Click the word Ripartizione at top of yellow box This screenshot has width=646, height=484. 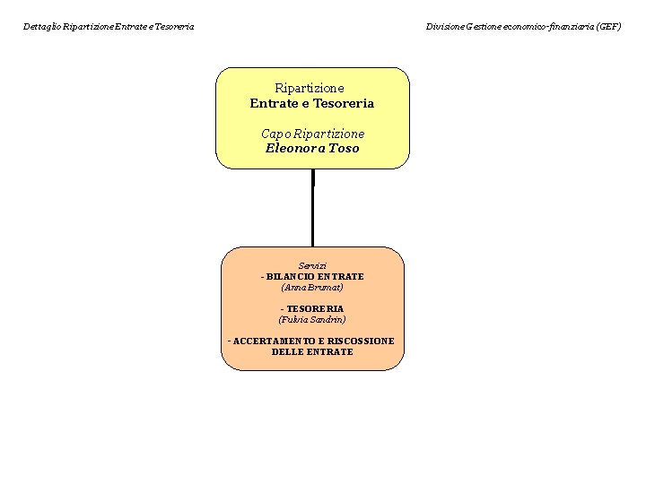pyautogui.click(x=310, y=88)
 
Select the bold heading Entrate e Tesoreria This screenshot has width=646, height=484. pyautogui.click(x=312, y=103)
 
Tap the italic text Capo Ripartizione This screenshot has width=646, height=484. pyautogui.click(x=313, y=134)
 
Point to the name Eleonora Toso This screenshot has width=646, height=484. pyautogui.click(x=312, y=148)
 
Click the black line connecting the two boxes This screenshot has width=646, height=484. pyautogui.click(x=313, y=208)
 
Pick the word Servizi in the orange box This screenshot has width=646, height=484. pyautogui.click(x=312, y=266)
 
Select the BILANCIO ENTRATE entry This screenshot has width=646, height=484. pyautogui.click(x=312, y=277)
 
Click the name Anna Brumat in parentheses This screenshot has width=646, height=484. pyautogui.click(x=312, y=288)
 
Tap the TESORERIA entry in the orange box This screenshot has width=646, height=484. pyautogui.click(x=312, y=308)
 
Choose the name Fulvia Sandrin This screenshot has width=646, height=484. pyautogui.click(x=312, y=319)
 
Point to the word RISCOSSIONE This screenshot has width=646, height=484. pyautogui.click(x=361, y=341)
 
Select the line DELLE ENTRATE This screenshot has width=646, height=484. pyautogui.click(x=312, y=352)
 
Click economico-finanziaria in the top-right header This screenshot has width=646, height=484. pyautogui.click(x=548, y=27)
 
